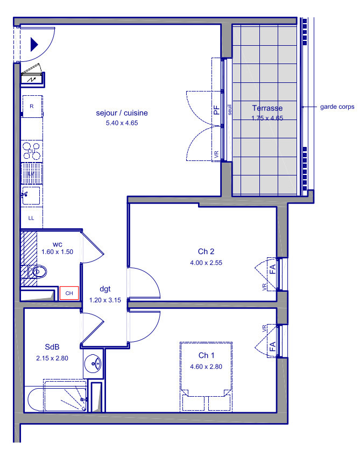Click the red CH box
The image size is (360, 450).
coord(69,293)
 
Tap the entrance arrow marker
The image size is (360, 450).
coord(34,45)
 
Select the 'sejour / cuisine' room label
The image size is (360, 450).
coord(122,113)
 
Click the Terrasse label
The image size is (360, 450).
coord(267,108)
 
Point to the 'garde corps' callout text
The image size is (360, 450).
coord(337,107)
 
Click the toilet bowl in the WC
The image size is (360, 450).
coord(39,271)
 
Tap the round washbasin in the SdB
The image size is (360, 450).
coord(93,363)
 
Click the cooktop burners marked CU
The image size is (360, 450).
coord(32,151)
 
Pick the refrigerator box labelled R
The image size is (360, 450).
coord(32,106)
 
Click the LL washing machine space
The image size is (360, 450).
coord(32,218)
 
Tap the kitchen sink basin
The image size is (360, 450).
coord(31,195)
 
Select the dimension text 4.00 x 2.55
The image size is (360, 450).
coord(206,263)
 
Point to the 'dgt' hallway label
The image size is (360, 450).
coord(105,289)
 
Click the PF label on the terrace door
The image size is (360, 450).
coord(216,110)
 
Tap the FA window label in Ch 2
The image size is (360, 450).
coord(272,269)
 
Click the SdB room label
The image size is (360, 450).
coord(52,347)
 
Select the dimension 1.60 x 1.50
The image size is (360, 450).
coord(58,252)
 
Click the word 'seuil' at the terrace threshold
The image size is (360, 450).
coord(229,110)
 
